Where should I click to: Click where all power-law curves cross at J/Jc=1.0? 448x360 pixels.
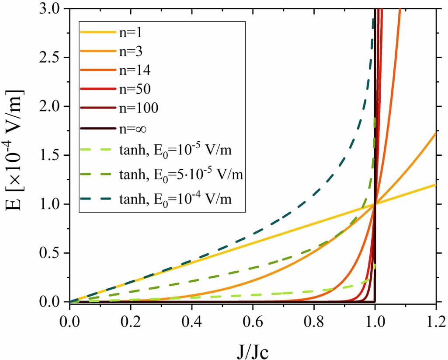click(x=375, y=204)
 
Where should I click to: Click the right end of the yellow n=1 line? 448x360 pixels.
click(x=436, y=185)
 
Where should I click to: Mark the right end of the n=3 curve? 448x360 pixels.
click(x=436, y=133)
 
